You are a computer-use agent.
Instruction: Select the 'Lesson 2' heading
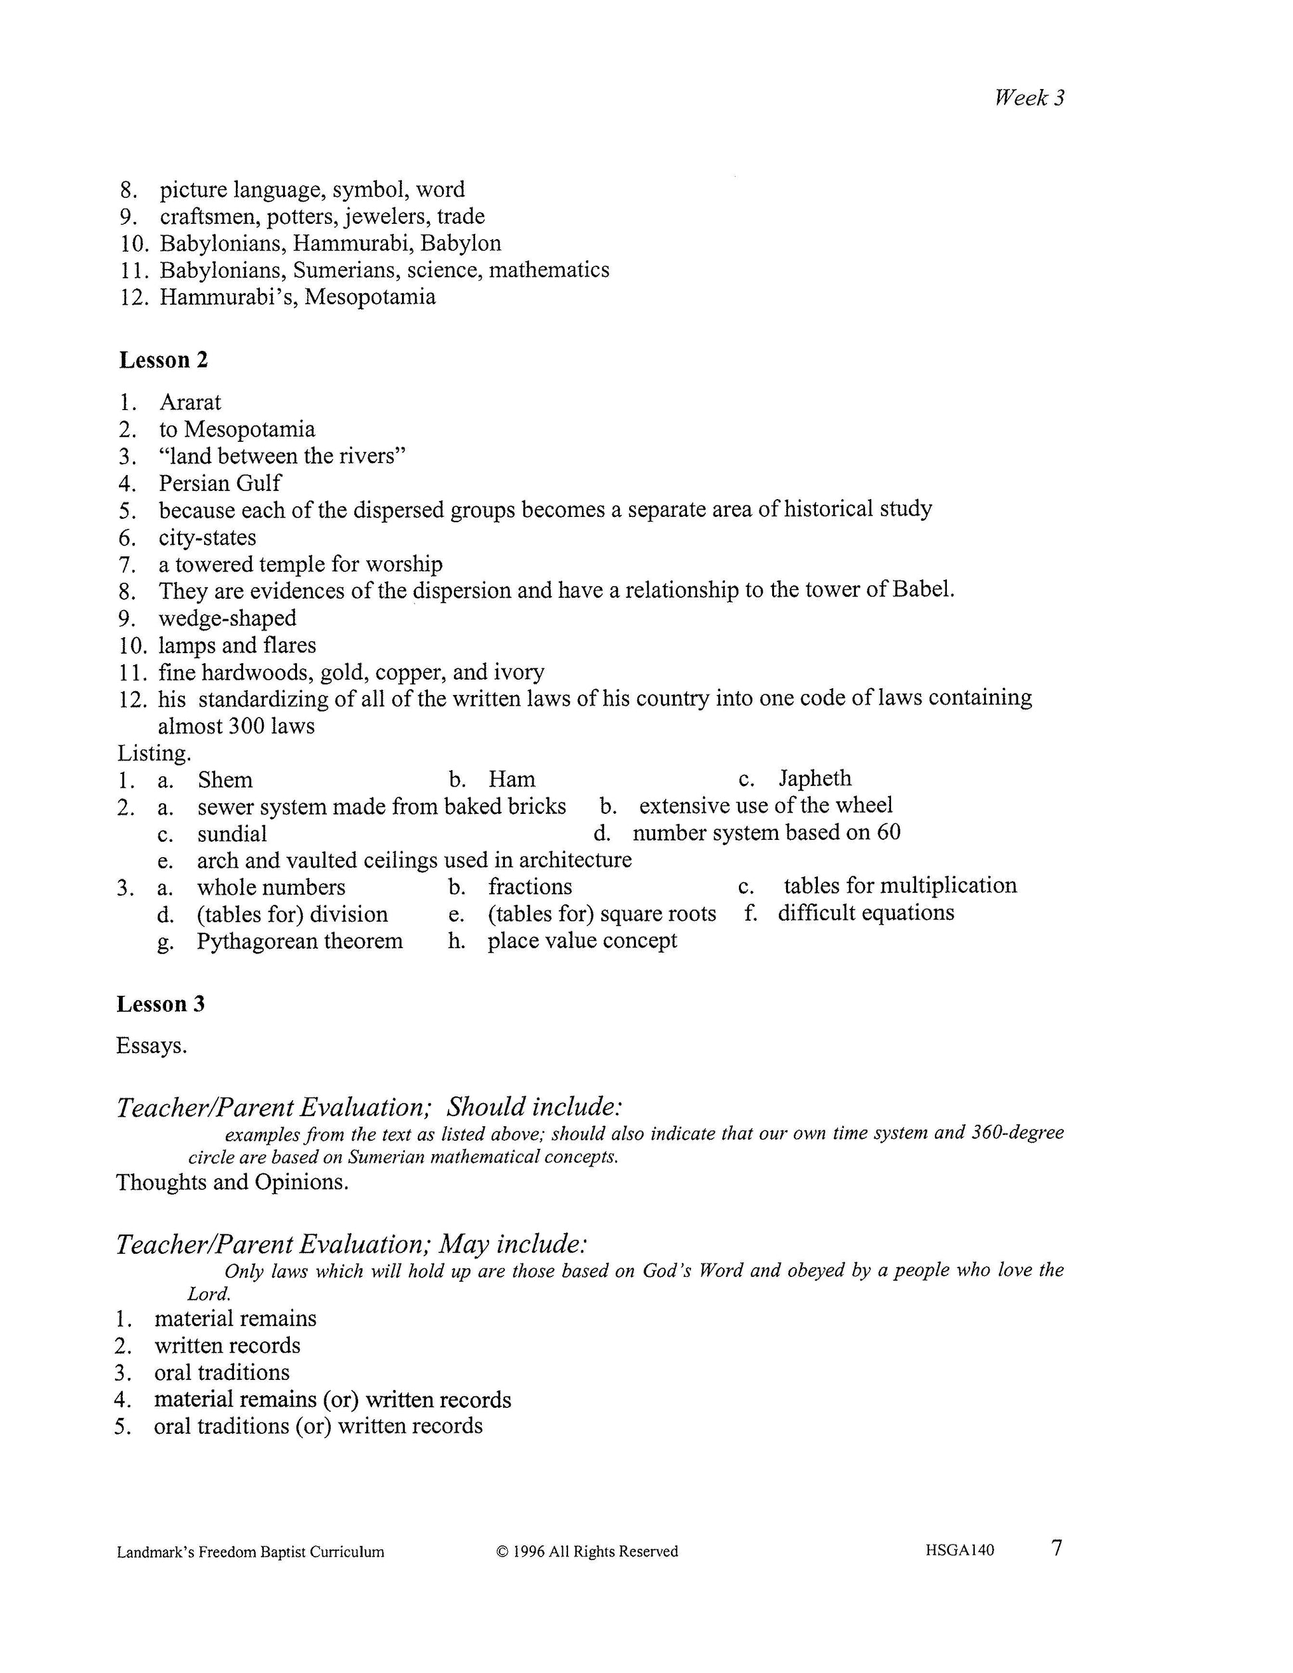coord(163,360)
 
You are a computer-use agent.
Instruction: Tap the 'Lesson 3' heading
coord(161,1003)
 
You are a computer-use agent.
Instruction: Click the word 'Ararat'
coord(190,402)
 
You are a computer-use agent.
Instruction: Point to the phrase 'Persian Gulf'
coord(220,483)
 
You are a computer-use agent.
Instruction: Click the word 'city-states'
coord(207,538)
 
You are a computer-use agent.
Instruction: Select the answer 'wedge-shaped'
coord(227,618)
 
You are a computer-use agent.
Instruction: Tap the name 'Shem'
coord(225,780)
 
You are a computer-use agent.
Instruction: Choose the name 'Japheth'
coord(815,778)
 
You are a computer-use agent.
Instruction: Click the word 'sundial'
coord(232,833)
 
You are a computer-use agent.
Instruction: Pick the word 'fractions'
coord(530,887)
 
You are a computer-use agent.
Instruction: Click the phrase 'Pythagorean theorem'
coord(300,941)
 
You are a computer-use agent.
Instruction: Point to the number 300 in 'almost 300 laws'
coord(246,726)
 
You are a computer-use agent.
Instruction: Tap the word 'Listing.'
coord(154,753)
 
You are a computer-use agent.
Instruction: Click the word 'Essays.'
coord(151,1046)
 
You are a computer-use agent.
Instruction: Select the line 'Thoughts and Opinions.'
coord(232,1182)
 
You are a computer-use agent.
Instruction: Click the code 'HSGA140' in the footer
coord(959,1551)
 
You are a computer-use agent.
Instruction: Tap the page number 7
coord(1057,1548)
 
